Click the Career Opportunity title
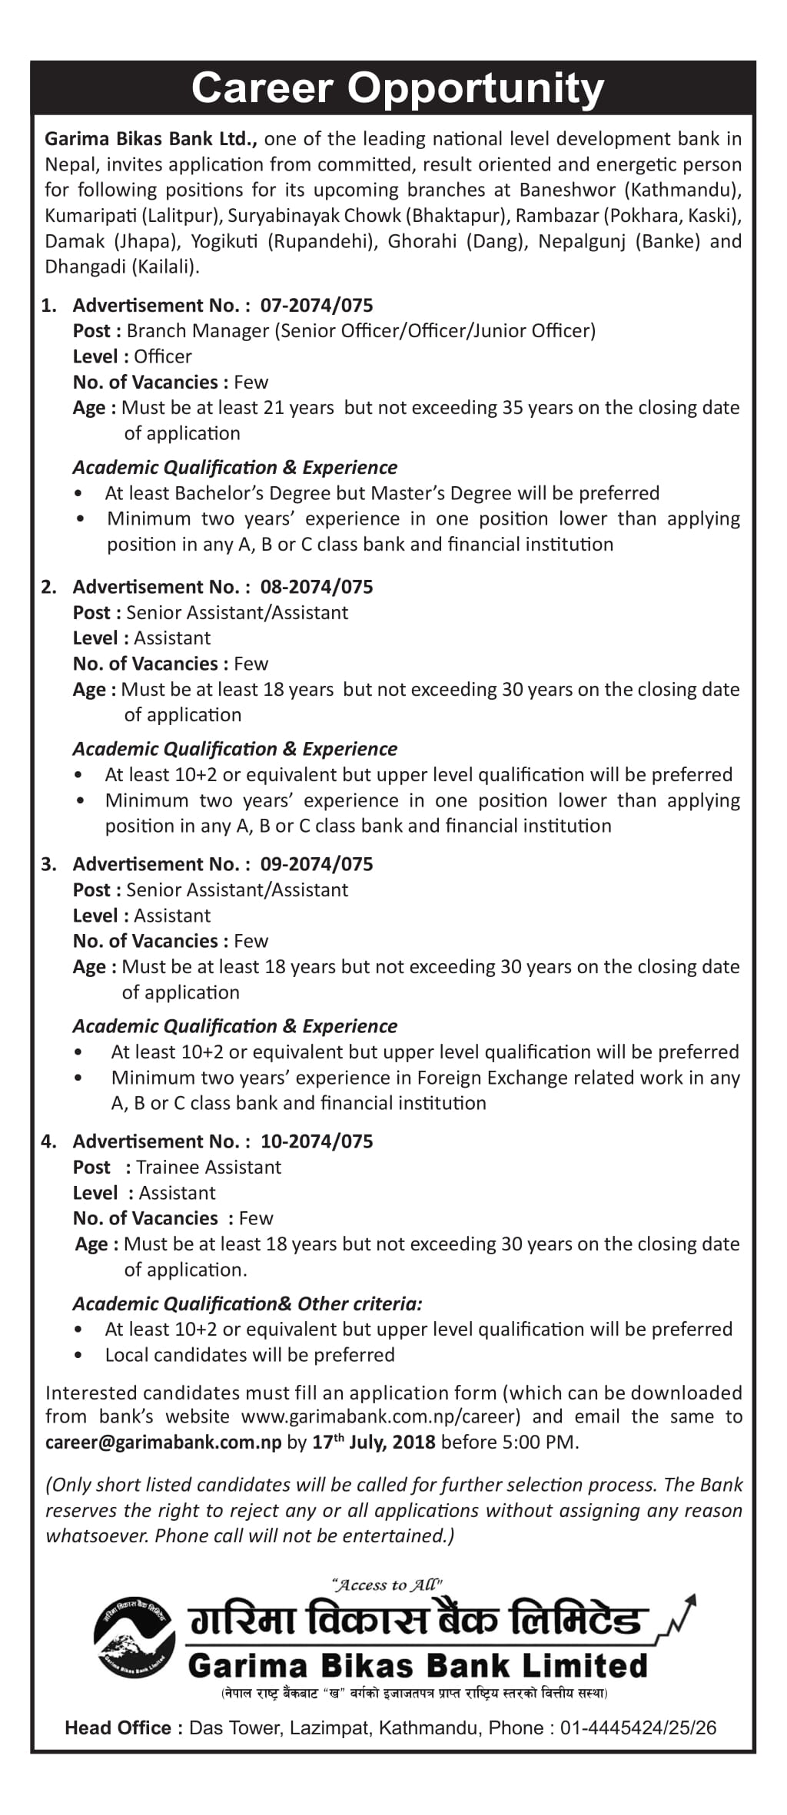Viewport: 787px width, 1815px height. tap(397, 89)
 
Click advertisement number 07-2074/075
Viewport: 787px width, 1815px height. tap(317, 306)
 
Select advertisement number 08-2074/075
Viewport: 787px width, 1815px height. tap(317, 587)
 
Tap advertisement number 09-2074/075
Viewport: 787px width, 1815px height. tap(317, 864)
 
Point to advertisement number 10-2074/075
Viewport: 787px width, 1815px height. tap(317, 1141)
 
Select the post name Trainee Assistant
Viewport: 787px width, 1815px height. tap(208, 1167)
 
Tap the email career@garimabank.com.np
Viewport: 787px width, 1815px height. tap(164, 1442)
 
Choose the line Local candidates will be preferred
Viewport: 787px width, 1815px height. tap(250, 1355)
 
